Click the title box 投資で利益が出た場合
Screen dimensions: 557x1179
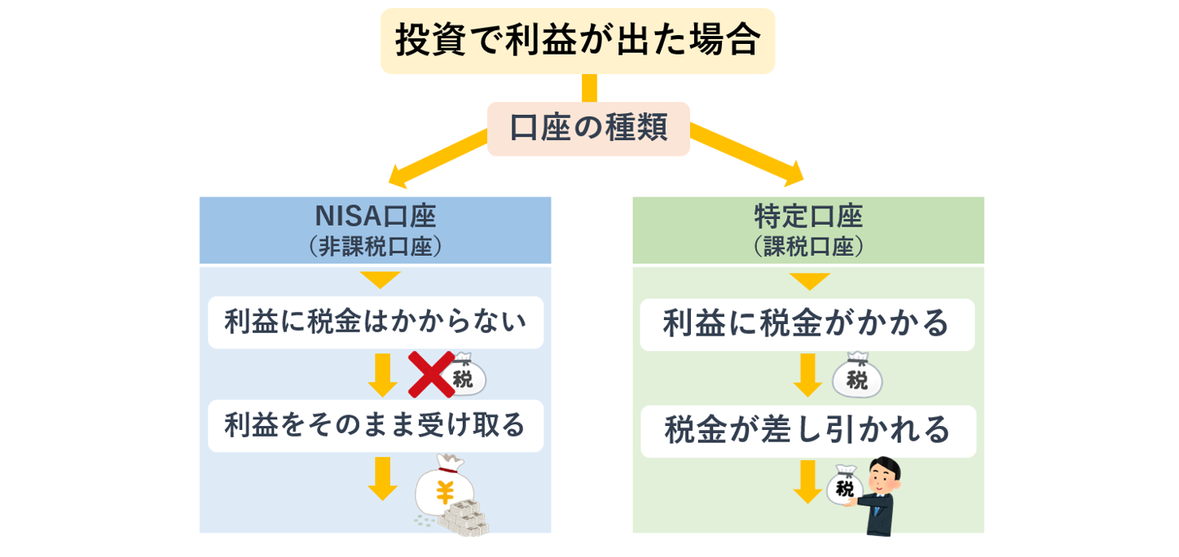(x=577, y=41)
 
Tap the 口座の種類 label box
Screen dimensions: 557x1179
(x=588, y=129)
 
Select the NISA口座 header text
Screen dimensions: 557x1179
(x=375, y=217)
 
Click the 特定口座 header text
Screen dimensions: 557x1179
(x=807, y=217)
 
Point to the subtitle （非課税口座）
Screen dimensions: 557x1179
(x=375, y=247)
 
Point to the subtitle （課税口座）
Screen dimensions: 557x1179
(x=807, y=247)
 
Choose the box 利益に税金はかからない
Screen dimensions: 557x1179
(x=375, y=322)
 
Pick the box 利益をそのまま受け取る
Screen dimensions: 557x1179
(x=375, y=425)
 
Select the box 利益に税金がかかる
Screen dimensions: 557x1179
(x=807, y=324)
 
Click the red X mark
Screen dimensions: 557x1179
(x=431, y=374)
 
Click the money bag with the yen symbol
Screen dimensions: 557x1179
(x=444, y=489)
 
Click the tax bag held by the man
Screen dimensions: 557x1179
(x=845, y=489)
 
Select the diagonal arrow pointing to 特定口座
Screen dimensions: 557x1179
(x=746, y=151)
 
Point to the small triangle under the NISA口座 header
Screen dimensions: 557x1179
(x=381, y=280)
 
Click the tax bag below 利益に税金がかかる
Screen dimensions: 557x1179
(x=856, y=377)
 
